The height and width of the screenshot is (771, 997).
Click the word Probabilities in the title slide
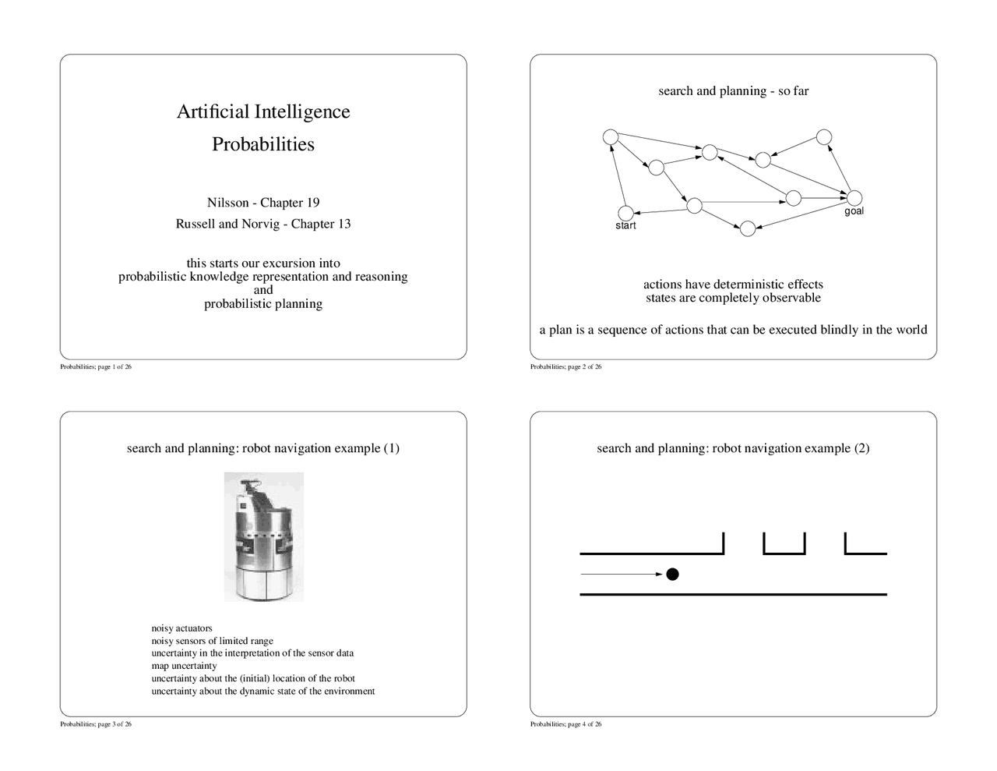click(x=263, y=144)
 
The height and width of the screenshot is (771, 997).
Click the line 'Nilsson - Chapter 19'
click(x=263, y=203)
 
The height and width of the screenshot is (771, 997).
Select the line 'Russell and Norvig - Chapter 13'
click(x=263, y=224)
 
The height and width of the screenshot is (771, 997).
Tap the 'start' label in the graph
click(x=625, y=226)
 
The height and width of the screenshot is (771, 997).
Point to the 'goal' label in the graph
click(x=854, y=211)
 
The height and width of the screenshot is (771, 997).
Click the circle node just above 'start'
click(x=625, y=213)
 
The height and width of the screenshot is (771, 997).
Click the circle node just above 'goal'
click(x=854, y=198)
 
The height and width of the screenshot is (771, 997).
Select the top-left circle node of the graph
click(x=611, y=137)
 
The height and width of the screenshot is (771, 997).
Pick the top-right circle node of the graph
click(x=824, y=137)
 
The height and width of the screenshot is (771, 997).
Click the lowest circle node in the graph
click(x=747, y=228)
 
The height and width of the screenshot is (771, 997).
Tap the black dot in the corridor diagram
click(x=672, y=575)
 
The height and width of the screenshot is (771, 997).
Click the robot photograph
click(x=263, y=536)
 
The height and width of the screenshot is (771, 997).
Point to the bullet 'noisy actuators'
click(x=181, y=628)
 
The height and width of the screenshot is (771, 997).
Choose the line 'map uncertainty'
click(x=184, y=666)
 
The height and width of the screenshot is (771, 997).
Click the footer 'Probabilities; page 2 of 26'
click(x=565, y=367)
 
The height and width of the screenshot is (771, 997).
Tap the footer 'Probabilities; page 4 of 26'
click(x=565, y=724)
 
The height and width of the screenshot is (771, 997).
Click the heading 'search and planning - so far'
click(x=733, y=91)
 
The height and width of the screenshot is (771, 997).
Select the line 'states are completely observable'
click(x=733, y=298)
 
